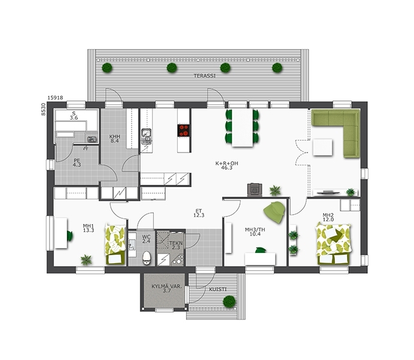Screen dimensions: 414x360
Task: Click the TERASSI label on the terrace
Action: (205, 76)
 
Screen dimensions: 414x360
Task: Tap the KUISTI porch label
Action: (218, 289)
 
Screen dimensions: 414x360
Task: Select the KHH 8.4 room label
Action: (115, 139)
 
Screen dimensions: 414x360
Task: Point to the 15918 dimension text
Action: (55, 97)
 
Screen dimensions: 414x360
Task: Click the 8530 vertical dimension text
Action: (43, 109)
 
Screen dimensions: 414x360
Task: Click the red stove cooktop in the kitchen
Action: (184, 130)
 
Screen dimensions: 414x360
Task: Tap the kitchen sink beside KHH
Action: (146, 136)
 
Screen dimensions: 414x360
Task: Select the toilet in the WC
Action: (147, 258)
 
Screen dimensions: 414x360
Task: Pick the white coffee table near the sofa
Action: (322, 147)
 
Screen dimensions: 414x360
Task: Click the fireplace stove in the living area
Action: (255, 190)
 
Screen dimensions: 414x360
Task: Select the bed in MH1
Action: (115, 244)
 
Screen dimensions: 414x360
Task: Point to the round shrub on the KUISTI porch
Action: (229, 301)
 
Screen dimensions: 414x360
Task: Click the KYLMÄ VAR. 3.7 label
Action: (166, 288)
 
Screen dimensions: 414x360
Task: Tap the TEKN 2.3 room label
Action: (176, 245)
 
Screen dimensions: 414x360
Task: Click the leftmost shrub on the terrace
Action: (107, 68)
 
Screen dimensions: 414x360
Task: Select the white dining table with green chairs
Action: (242, 128)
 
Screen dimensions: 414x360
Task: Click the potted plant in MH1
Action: (86, 260)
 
